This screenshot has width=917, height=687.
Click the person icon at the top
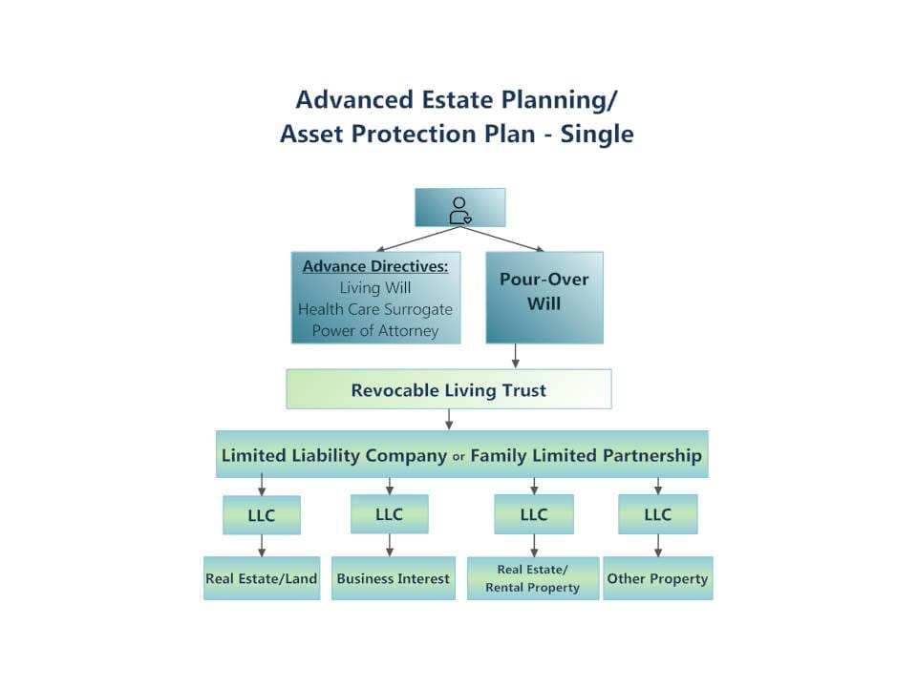(459, 209)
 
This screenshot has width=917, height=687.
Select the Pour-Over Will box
(544, 297)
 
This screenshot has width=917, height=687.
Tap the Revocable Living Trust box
(448, 389)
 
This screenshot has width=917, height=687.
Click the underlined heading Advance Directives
(375, 266)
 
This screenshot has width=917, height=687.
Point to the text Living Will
(375, 287)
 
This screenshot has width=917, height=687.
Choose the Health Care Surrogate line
(375, 309)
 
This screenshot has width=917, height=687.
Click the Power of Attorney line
(375, 331)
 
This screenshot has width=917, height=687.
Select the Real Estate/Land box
(261, 578)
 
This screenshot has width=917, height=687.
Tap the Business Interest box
(393, 578)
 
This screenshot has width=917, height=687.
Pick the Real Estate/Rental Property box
(532, 578)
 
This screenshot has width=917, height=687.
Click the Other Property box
(657, 578)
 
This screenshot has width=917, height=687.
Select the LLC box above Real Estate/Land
(261, 515)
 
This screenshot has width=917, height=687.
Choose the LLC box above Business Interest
(389, 514)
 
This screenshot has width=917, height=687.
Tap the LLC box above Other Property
(657, 514)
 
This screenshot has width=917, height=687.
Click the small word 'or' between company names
(458, 457)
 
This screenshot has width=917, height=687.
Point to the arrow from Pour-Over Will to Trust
(516, 356)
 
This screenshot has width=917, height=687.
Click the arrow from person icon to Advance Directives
(416, 239)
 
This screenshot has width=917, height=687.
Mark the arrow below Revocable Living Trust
(448, 419)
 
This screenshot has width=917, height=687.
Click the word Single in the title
(596, 135)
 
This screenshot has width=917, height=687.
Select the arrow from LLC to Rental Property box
(534, 546)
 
